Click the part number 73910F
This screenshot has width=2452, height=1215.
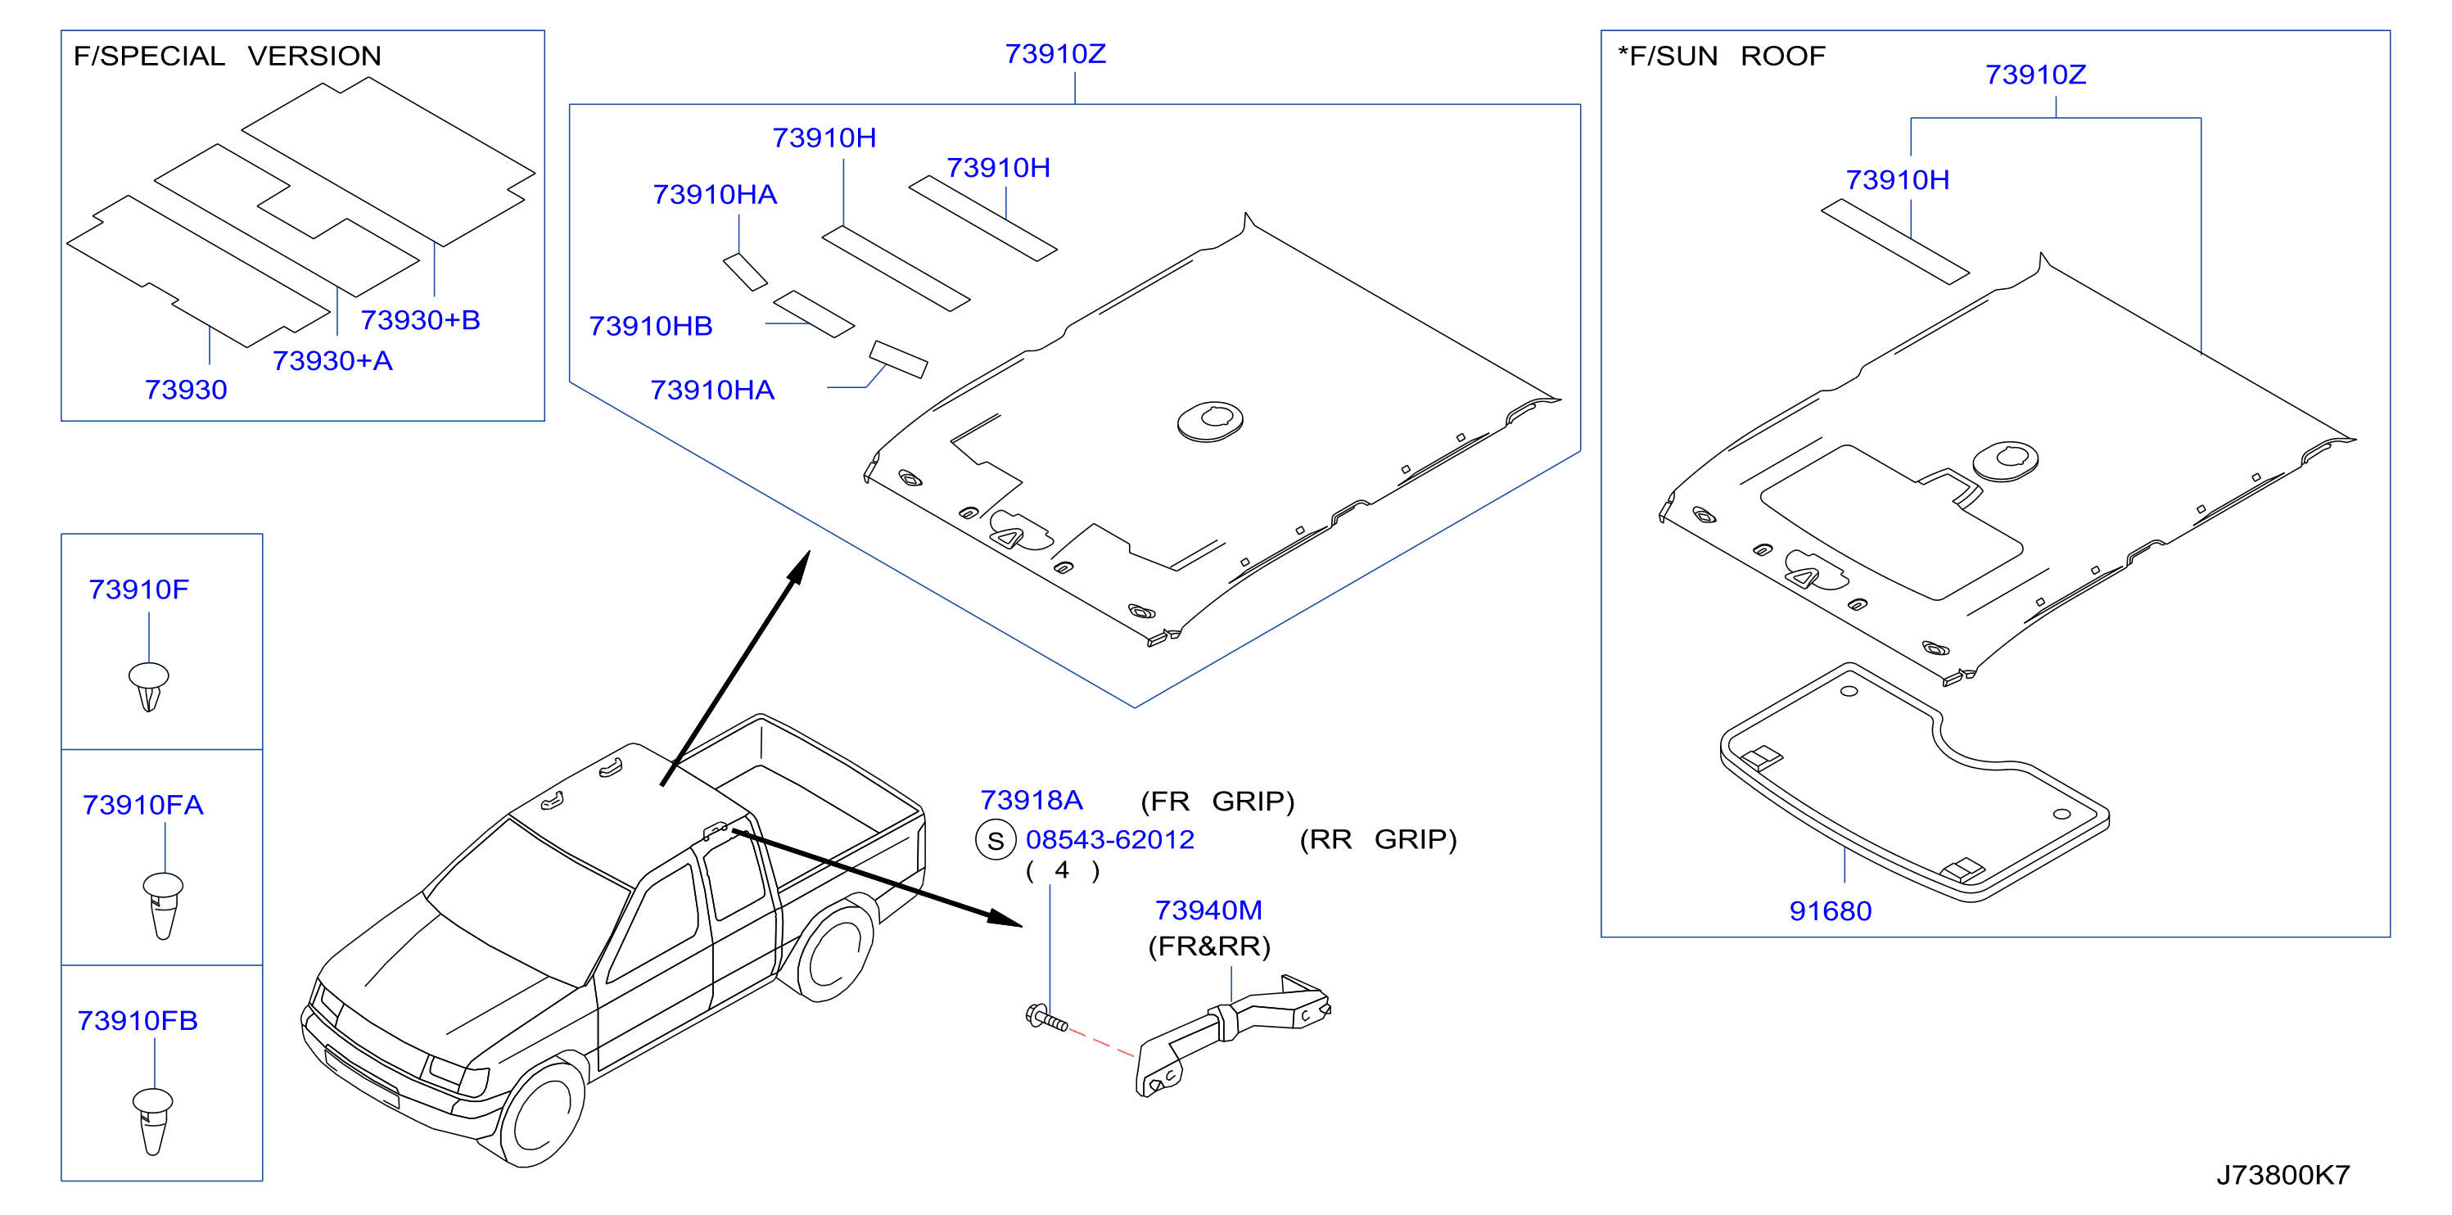[139, 589]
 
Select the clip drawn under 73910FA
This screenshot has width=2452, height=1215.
[163, 906]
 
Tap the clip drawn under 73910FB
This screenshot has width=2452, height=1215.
[152, 1122]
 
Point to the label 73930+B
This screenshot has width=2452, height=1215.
[420, 320]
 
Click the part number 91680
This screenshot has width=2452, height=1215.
[1830, 911]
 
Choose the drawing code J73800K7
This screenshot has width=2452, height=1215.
[2283, 1175]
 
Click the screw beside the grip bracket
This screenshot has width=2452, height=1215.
[1046, 1019]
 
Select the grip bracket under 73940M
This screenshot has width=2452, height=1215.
[1233, 1035]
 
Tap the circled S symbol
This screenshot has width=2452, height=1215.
[996, 840]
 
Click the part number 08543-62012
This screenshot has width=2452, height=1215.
[1110, 840]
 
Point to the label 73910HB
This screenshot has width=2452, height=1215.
[651, 327]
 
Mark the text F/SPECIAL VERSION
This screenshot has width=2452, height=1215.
[228, 56]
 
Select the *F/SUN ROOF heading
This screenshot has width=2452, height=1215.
[1722, 56]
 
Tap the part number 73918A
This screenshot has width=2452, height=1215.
[1032, 800]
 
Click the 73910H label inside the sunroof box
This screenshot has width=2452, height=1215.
[1897, 180]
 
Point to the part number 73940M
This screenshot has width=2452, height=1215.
[1209, 910]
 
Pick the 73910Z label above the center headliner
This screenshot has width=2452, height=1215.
[1055, 54]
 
